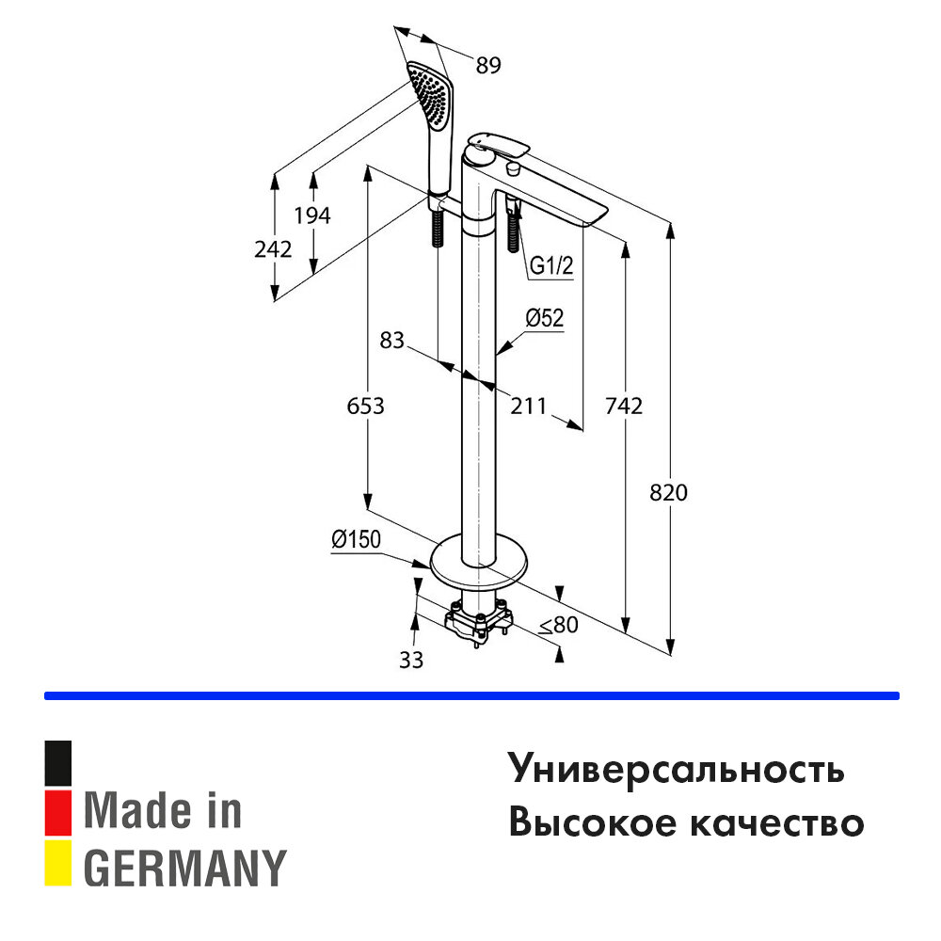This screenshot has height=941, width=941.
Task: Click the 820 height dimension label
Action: pos(669,493)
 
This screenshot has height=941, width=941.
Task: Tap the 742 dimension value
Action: pos(623,407)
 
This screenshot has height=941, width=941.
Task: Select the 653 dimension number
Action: pos(366,407)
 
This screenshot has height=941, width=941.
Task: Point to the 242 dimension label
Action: pos(273,249)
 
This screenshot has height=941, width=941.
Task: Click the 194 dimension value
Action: pos(312,215)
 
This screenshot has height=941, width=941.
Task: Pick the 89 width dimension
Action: pos(487,65)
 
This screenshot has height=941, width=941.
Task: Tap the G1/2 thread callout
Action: pos(550,266)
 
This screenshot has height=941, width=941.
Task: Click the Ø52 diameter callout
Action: pos(544,319)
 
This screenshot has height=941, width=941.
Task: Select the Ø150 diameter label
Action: pos(354,539)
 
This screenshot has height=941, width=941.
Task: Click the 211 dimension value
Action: pos(528,407)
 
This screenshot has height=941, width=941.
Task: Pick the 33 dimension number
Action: pos(411,660)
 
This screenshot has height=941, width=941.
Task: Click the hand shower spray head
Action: pos(432,97)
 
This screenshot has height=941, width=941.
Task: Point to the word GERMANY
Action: pos(184,867)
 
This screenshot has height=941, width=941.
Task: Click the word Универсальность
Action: pos(677,769)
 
